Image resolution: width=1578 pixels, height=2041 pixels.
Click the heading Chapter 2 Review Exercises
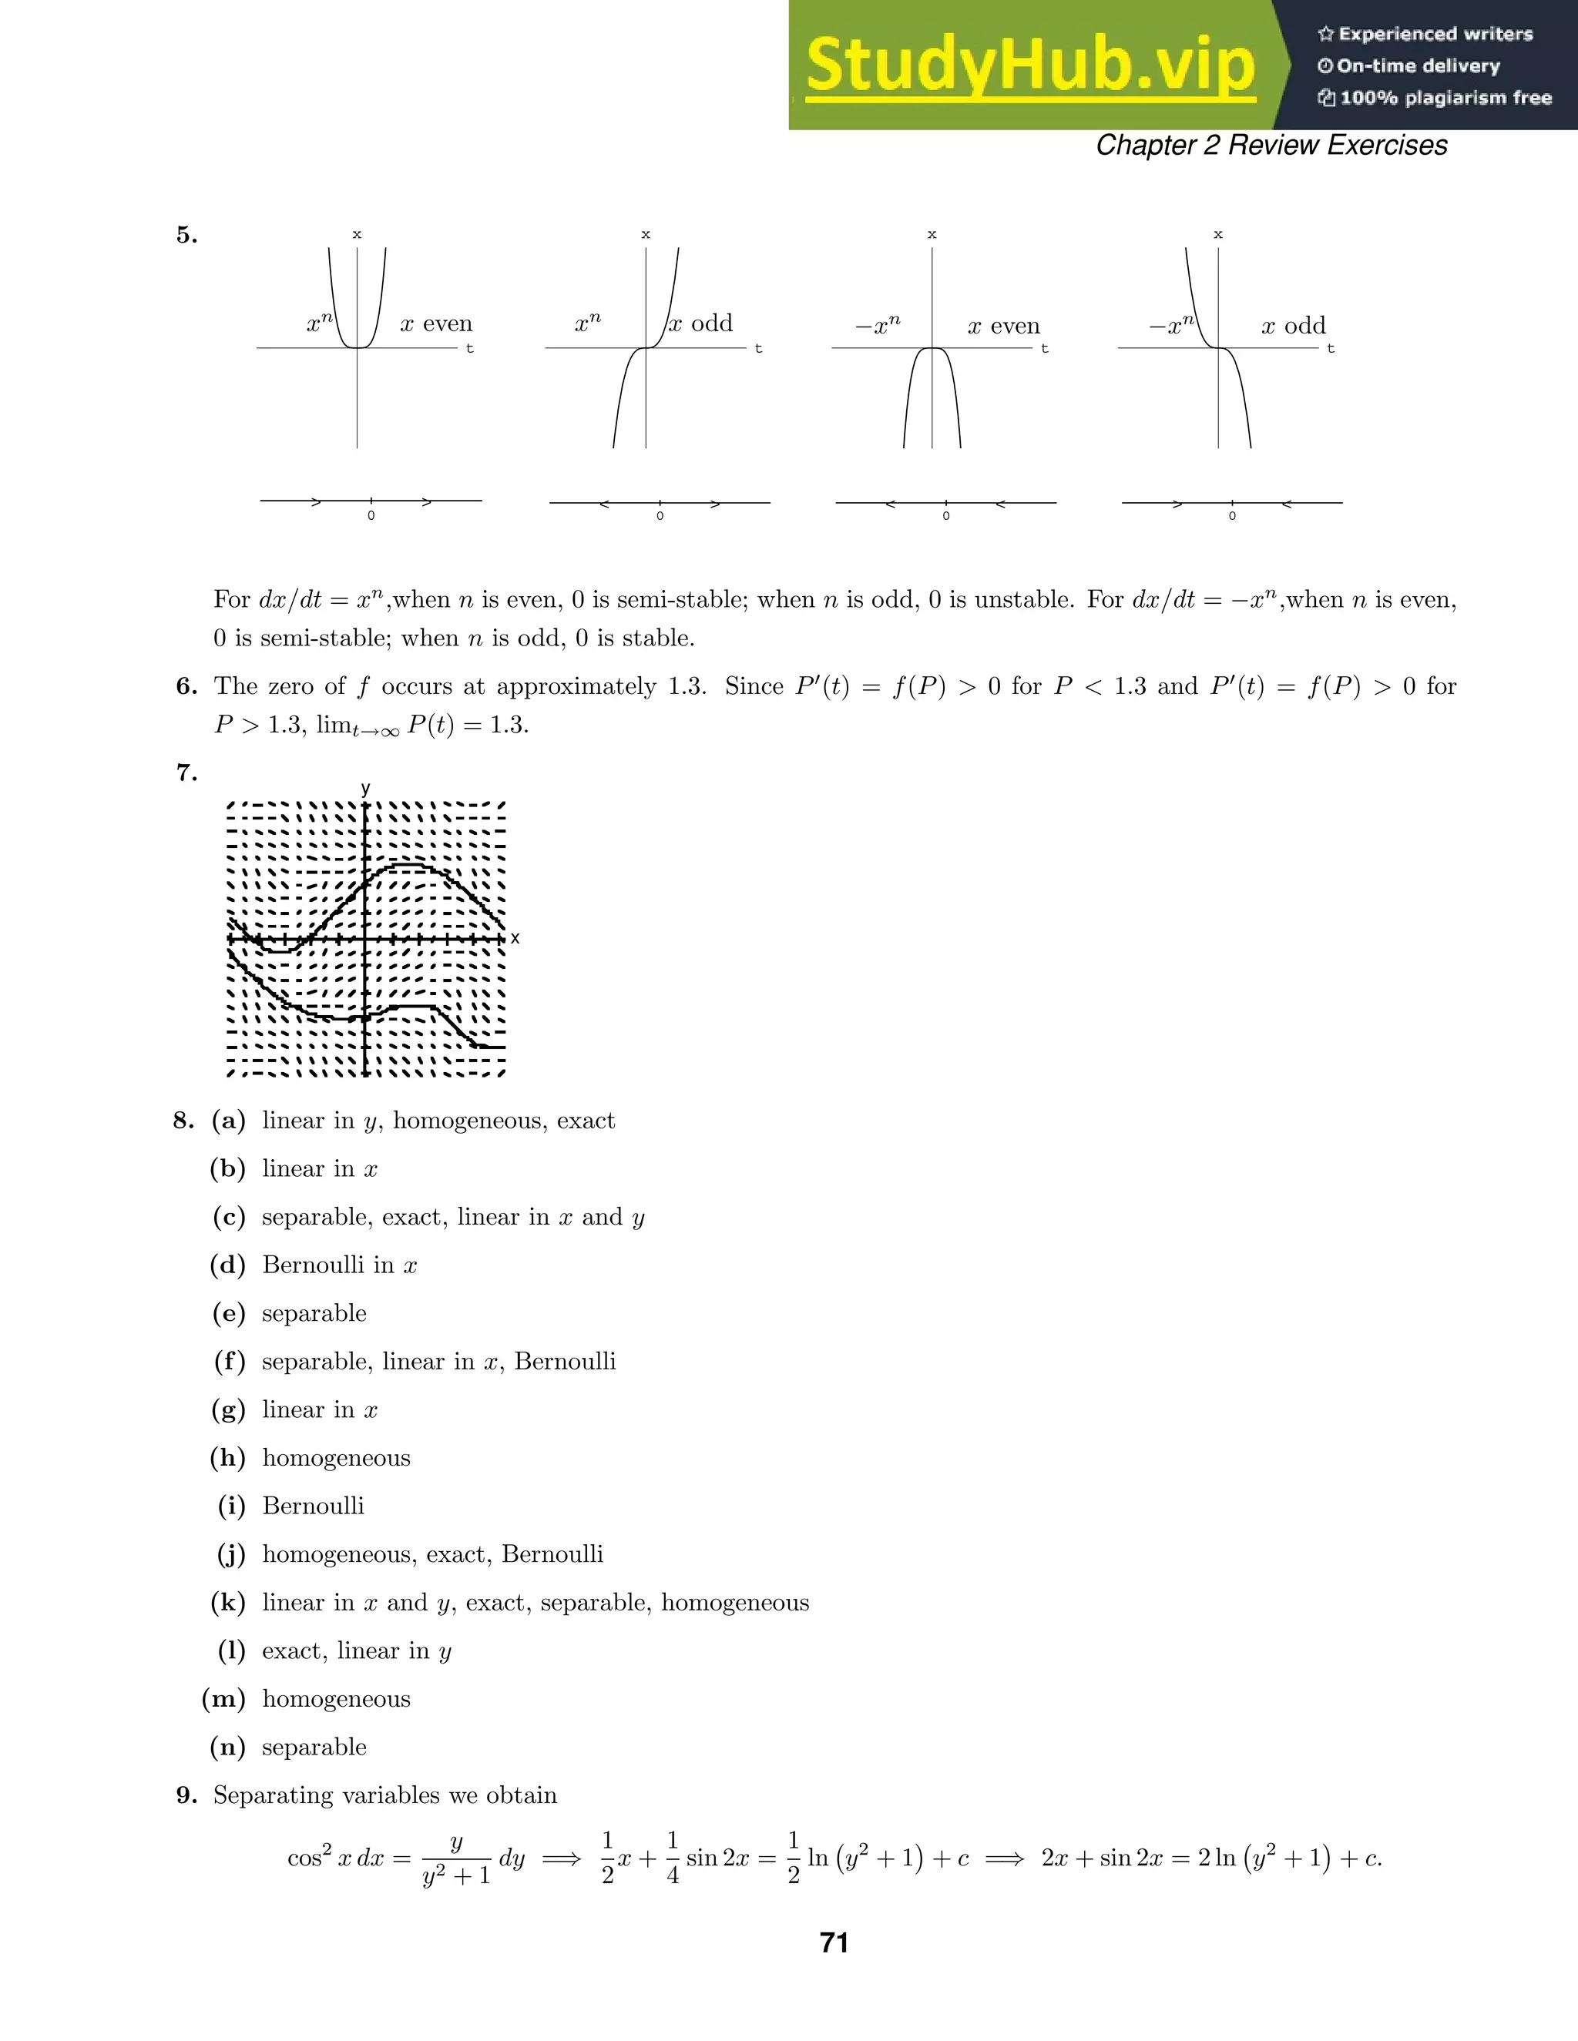(x=1271, y=145)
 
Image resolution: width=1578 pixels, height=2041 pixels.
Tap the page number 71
(x=833, y=1943)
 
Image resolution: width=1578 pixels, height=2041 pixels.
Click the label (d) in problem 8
(x=228, y=1265)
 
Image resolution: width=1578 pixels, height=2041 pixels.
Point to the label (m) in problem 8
(x=224, y=1699)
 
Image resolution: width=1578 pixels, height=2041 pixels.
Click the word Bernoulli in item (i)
(x=313, y=1506)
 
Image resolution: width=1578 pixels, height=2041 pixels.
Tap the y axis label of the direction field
(x=365, y=788)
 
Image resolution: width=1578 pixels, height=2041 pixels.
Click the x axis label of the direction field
(x=515, y=937)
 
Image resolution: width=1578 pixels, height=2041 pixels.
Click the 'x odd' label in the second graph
(x=701, y=323)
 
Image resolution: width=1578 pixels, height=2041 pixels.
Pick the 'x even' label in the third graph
(x=1003, y=326)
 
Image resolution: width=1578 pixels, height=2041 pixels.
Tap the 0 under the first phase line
(x=371, y=516)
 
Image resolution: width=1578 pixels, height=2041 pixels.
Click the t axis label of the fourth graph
(x=1330, y=349)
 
